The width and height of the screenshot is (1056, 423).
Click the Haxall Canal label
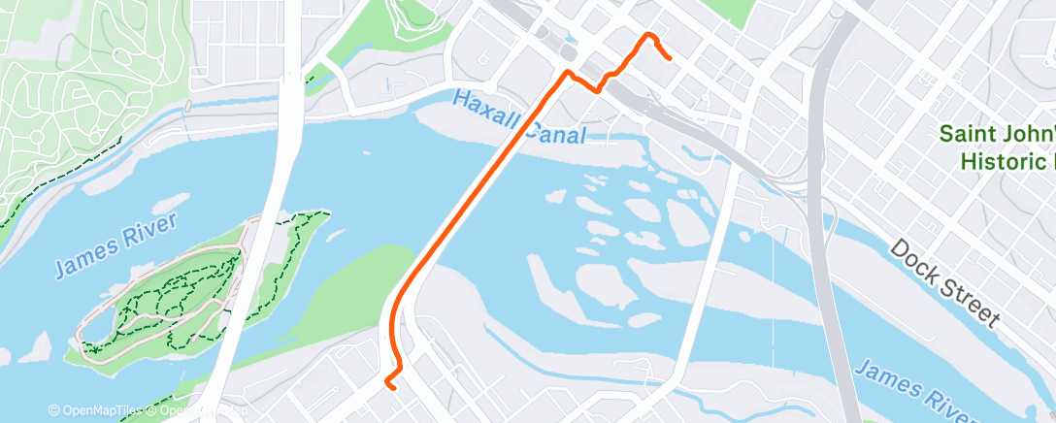click(519, 116)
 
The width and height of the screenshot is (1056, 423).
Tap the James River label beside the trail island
click(115, 246)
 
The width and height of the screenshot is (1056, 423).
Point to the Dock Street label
click(943, 281)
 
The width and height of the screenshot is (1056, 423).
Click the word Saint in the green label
click(973, 134)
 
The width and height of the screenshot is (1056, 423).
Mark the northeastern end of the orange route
click(671, 58)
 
